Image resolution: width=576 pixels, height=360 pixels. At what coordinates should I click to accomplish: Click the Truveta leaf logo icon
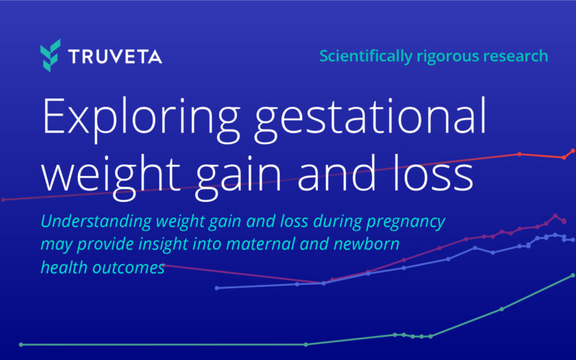pyautogui.click(x=50, y=56)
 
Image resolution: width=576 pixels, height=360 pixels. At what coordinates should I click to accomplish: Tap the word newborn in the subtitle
pyautogui.click(x=367, y=245)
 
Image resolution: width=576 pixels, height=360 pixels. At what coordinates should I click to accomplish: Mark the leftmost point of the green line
pyautogui.click(x=21, y=344)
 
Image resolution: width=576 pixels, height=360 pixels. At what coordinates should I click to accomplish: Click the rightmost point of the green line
pyautogui.click(x=573, y=275)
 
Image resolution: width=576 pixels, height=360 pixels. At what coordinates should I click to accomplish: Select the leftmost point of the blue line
pyautogui.click(x=216, y=288)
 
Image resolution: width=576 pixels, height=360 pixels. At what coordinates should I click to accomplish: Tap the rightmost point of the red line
pyautogui.click(x=573, y=151)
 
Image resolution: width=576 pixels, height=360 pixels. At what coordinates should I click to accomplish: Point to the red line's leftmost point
pyautogui.click(x=3, y=199)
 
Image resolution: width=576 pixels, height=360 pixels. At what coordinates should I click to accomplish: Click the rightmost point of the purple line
pyautogui.click(x=564, y=222)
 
